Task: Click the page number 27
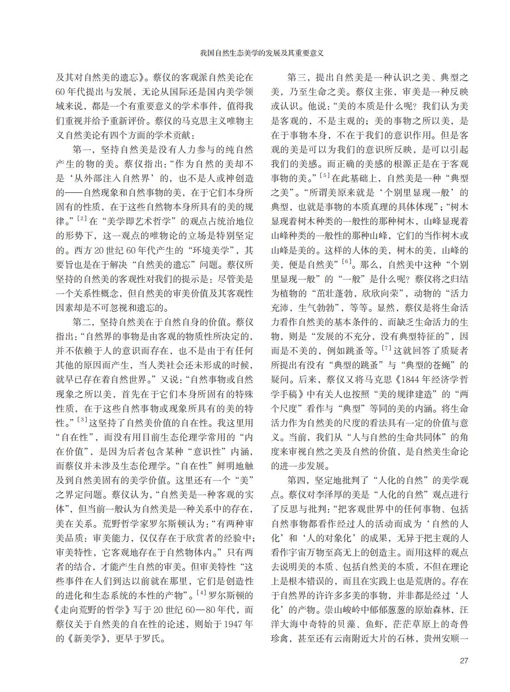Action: pos(464,660)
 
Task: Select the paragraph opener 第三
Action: pos(299,77)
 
